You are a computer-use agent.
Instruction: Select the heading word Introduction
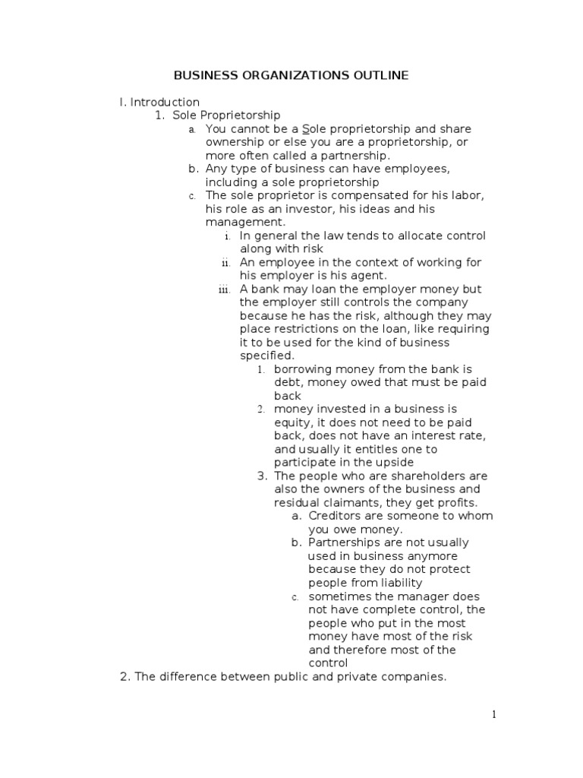165,102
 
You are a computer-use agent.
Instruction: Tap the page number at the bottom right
493,714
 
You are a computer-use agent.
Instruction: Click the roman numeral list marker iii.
224,289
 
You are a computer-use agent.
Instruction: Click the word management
244,222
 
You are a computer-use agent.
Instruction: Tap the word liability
395,583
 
